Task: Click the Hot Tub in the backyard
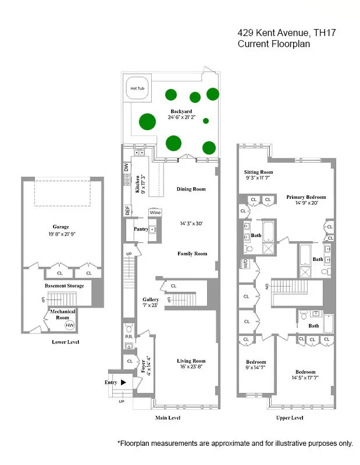138,88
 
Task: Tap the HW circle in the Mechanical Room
70,325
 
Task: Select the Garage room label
60,227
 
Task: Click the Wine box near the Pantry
155,213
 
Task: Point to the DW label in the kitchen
126,167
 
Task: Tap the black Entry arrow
123,382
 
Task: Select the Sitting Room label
258,173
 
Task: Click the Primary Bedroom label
306,197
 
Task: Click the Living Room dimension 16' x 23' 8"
191,367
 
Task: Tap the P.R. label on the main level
129,336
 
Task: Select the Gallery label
151,300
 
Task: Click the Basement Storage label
64,285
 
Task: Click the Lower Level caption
65,342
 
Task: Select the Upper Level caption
289,418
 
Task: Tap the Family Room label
192,253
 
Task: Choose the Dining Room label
191,189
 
